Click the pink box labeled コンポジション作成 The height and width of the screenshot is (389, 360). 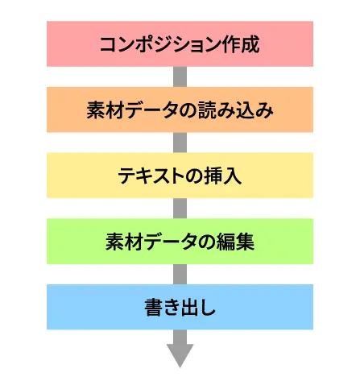click(180, 43)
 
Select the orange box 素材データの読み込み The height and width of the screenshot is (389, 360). click(180, 110)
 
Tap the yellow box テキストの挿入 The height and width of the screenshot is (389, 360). click(180, 176)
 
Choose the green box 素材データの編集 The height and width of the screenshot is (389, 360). click(180, 241)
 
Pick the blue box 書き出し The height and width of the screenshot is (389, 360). click(180, 307)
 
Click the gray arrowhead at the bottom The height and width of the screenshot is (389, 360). click(180, 354)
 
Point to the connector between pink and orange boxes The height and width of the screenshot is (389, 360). click(180, 77)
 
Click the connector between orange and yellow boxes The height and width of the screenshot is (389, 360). click(180, 143)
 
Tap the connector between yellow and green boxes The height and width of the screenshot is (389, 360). click(180, 209)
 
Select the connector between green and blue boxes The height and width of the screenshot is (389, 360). click(180, 274)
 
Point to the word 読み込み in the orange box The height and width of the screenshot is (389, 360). click(236, 110)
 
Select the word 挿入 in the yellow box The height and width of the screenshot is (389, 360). click(223, 176)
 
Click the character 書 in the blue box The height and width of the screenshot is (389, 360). click(154, 308)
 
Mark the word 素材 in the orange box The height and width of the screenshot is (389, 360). click(105, 110)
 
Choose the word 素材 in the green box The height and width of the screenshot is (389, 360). click(124, 242)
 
